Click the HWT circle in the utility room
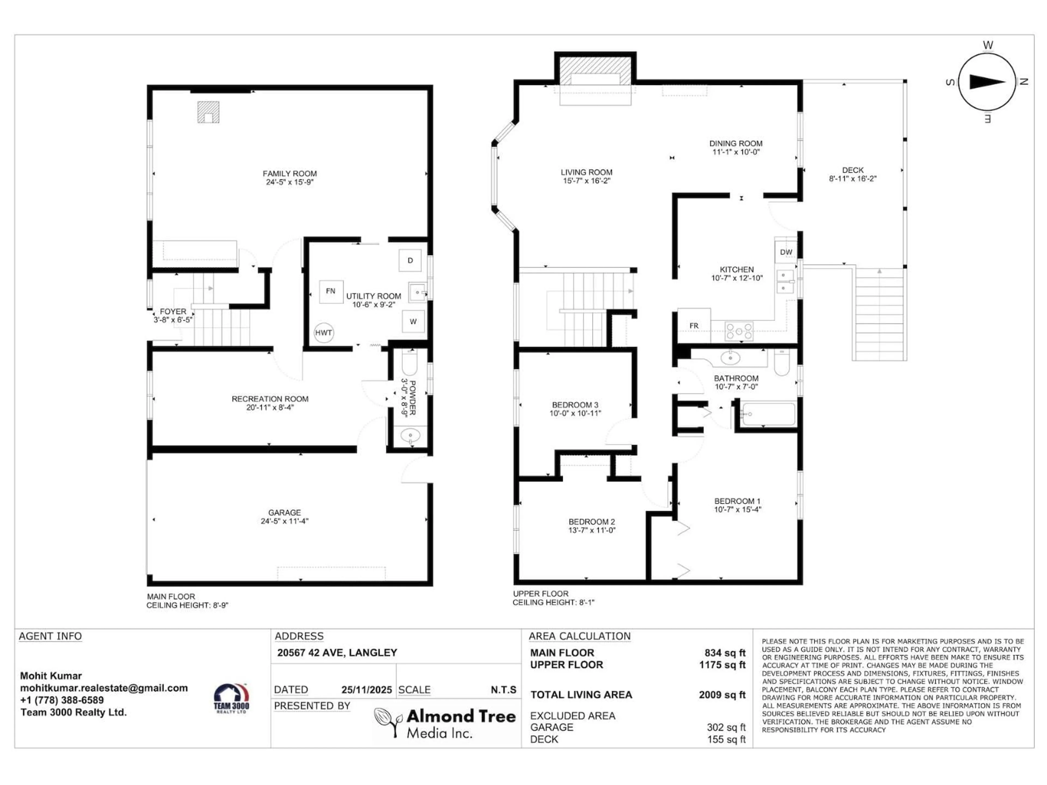pyautogui.click(x=323, y=333)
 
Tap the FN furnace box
pyautogui.click(x=330, y=291)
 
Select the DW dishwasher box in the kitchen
pyautogui.click(x=786, y=252)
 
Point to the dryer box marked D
pyautogui.click(x=410, y=260)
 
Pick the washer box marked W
pyautogui.click(x=413, y=322)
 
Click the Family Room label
pyautogui.click(x=290, y=174)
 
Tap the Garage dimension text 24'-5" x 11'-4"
pyautogui.click(x=284, y=521)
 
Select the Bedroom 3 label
pyautogui.click(x=575, y=405)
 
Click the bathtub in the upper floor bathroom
pyautogui.click(x=769, y=414)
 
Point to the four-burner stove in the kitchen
pyautogui.click(x=739, y=331)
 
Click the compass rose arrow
pyautogui.click(x=987, y=82)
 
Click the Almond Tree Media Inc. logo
pyautogui.click(x=445, y=723)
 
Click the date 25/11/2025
pyautogui.click(x=366, y=690)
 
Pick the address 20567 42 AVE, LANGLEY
pyautogui.click(x=337, y=653)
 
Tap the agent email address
pyautogui.click(x=104, y=688)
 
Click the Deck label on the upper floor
pyautogui.click(x=853, y=170)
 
